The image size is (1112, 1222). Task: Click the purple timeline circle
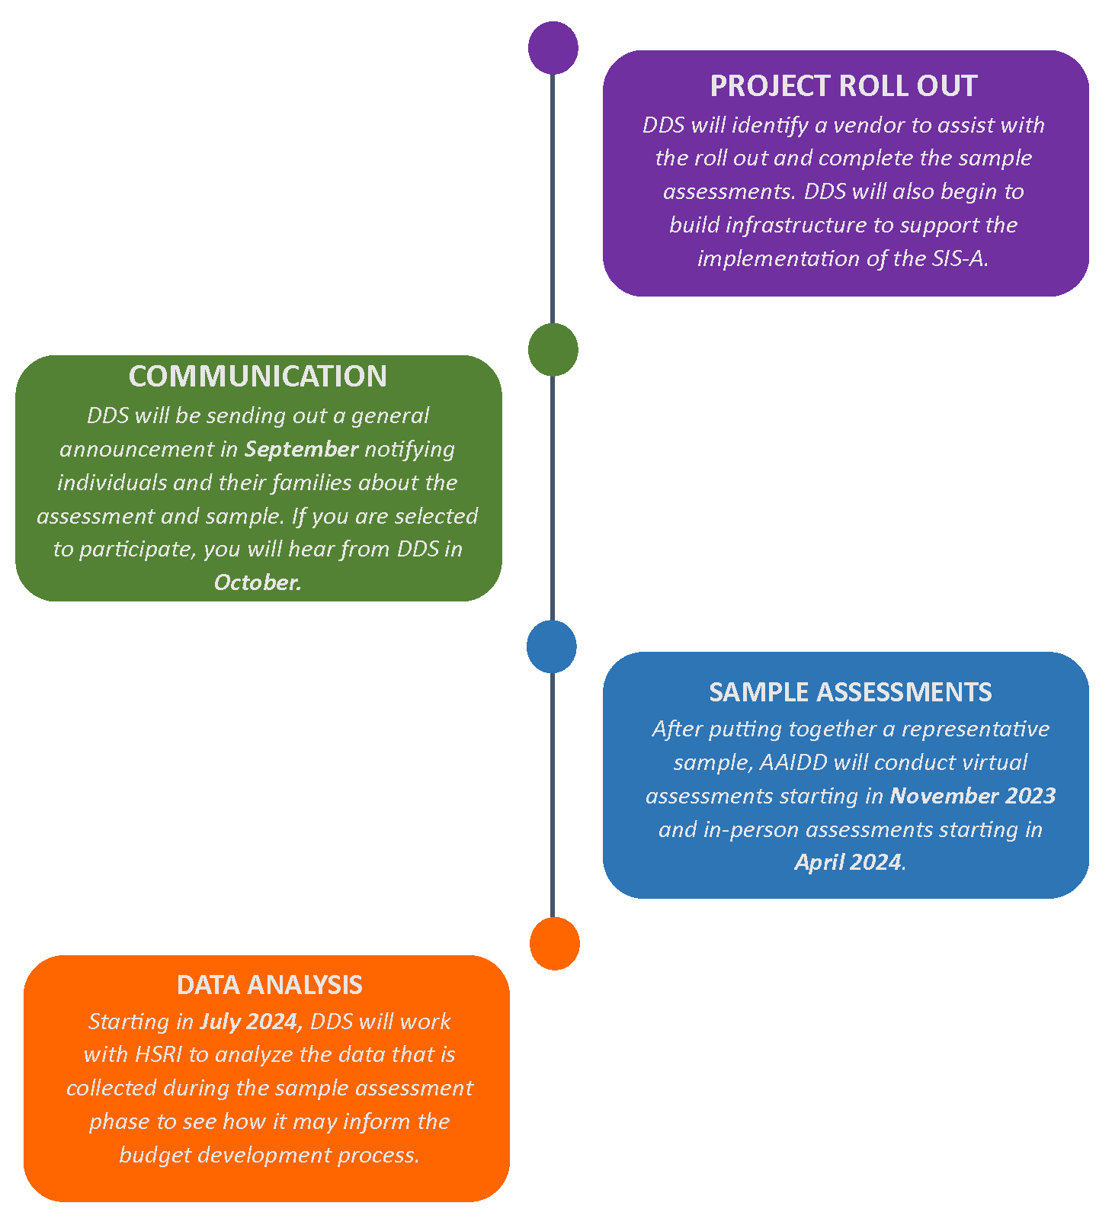point(553,48)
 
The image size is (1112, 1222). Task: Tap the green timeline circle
point(553,349)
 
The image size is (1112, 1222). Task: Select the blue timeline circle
point(552,646)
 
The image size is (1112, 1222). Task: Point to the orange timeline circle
point(554,943)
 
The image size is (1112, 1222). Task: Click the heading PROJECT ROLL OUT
point(843,86)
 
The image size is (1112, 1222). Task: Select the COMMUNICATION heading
point(258,377)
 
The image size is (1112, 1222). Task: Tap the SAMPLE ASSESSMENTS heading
point(850,691)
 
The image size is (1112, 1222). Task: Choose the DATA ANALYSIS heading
point(269,985)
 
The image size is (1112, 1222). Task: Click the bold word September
point(301,449)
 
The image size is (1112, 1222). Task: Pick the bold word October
point(258,582)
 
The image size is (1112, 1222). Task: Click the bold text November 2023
point(973,796)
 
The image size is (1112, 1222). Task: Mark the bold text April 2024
point(848,862)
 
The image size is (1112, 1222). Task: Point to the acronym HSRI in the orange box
point(159,1054)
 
